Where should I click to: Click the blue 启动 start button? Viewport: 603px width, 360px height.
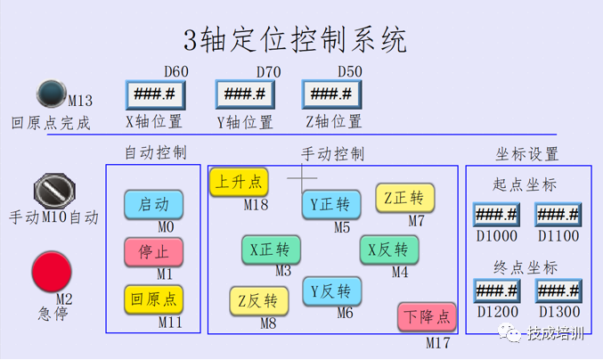tap(153, 204)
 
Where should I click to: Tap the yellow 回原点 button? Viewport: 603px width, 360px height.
tap(153, 299)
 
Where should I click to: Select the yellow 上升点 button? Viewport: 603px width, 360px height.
tap(239, 182)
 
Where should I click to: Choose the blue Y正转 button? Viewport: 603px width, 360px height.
tap(331, 204)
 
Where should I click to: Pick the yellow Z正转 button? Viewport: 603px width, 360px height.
tap(404, 197)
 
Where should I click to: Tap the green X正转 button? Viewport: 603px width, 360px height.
tap(271, 250)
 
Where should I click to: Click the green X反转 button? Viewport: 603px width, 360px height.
tap(388, 250)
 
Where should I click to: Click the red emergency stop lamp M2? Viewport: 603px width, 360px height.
tap(51, 270)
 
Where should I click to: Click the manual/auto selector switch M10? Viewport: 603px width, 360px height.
tap(54, 190)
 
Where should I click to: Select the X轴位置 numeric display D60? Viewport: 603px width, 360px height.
tap(155, 94)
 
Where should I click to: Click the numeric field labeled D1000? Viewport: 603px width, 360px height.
tap(495, 215)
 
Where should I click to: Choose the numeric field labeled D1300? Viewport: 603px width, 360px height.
tap(558, 291)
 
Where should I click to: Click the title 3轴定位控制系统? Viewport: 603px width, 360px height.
tap(295, 40)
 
